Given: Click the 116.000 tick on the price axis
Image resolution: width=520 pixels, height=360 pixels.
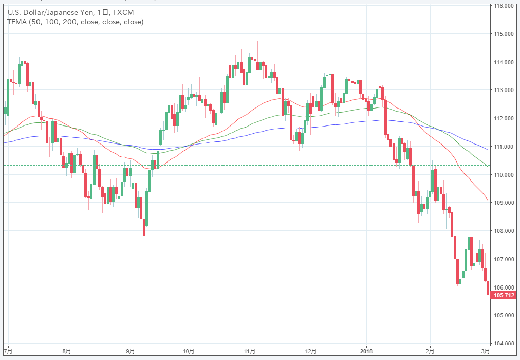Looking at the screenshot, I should point(505,6).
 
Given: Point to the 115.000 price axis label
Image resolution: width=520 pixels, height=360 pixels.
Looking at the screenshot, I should point(505,34).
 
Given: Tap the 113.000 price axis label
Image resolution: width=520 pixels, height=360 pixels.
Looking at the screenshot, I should point(505,91).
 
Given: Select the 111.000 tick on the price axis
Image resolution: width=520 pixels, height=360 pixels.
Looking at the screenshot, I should point(505,147).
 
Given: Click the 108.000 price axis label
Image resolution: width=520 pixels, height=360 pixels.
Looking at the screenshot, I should point(505,231).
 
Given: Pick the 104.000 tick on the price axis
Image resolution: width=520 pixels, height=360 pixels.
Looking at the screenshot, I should point(505,343).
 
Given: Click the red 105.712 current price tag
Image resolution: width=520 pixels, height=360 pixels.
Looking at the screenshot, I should point(504,295).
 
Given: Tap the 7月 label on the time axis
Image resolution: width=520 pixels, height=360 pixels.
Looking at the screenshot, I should point(8,351).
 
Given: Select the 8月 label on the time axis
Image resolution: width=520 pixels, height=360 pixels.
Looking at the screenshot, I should point(66,351).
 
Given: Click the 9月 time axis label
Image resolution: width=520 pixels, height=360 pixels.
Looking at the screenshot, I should point(131,351).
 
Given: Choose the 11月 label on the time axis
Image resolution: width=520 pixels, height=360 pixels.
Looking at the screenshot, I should point(250,351).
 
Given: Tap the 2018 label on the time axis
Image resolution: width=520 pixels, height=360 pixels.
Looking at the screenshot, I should point(366,351).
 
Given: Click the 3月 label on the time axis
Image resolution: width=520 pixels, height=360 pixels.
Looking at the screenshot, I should point(486,351).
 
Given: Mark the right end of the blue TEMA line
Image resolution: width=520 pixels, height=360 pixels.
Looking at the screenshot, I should point(488,150).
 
